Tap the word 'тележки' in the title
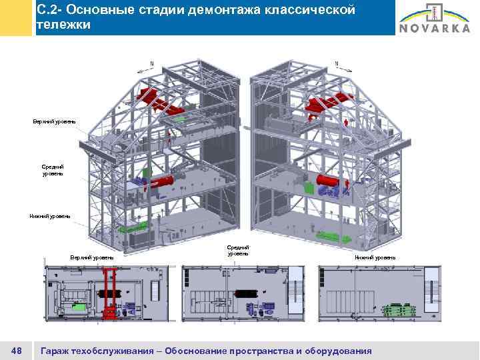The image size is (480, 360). coord(61,25)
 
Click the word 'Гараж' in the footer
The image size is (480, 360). coord(57,350)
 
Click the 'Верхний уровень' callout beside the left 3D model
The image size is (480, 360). coord(55,121)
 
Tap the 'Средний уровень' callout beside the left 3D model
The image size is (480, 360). coord(53,169)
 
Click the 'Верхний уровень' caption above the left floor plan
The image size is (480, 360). coord(92,257)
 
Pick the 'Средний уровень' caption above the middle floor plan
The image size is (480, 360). coord(238,250)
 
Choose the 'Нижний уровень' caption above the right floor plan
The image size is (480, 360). coord(375,257)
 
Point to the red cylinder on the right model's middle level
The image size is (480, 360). coord(328,181)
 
